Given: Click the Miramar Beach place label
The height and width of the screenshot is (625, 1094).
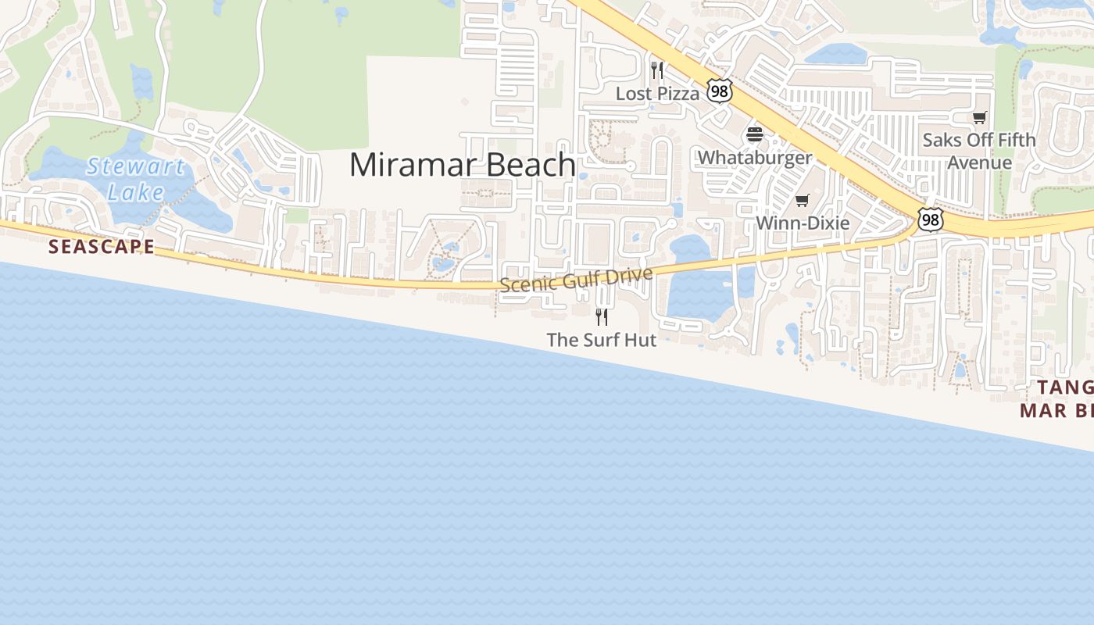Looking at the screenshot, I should click(463, 165).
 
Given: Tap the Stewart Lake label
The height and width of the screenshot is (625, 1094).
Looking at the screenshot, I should click(136, 179).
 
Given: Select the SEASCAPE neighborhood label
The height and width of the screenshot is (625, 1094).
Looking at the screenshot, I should click(102, 247).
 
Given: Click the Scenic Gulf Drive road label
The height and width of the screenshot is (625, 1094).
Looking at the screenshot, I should click(576, 280).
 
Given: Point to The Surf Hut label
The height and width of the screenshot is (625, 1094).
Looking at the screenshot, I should click(602, 340).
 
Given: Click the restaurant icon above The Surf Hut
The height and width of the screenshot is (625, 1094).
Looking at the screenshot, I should click(602, 316).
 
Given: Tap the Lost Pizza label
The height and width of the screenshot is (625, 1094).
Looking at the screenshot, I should click(657, 94).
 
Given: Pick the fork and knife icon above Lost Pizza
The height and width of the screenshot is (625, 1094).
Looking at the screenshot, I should click(657, 71).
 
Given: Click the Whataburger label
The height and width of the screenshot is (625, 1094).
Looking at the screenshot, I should click(755, 157).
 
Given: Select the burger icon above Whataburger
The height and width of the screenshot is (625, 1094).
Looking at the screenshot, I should click(754, 134).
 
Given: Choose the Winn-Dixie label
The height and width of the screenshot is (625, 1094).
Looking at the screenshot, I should click(803, 223).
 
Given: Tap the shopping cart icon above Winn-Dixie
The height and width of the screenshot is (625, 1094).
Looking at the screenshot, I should click(803, 201).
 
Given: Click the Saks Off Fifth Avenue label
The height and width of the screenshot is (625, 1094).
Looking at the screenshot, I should click(979, 151).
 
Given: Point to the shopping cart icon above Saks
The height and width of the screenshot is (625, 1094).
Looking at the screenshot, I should click(979, 117).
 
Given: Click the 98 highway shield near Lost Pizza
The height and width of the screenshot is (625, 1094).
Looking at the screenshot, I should click(719, 91).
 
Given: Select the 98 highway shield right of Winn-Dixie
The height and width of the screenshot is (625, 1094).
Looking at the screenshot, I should click(930, 220).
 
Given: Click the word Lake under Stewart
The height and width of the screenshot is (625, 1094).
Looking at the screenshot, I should click(136, 192).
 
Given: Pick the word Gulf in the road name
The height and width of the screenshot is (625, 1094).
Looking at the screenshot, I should click(580, 279).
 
